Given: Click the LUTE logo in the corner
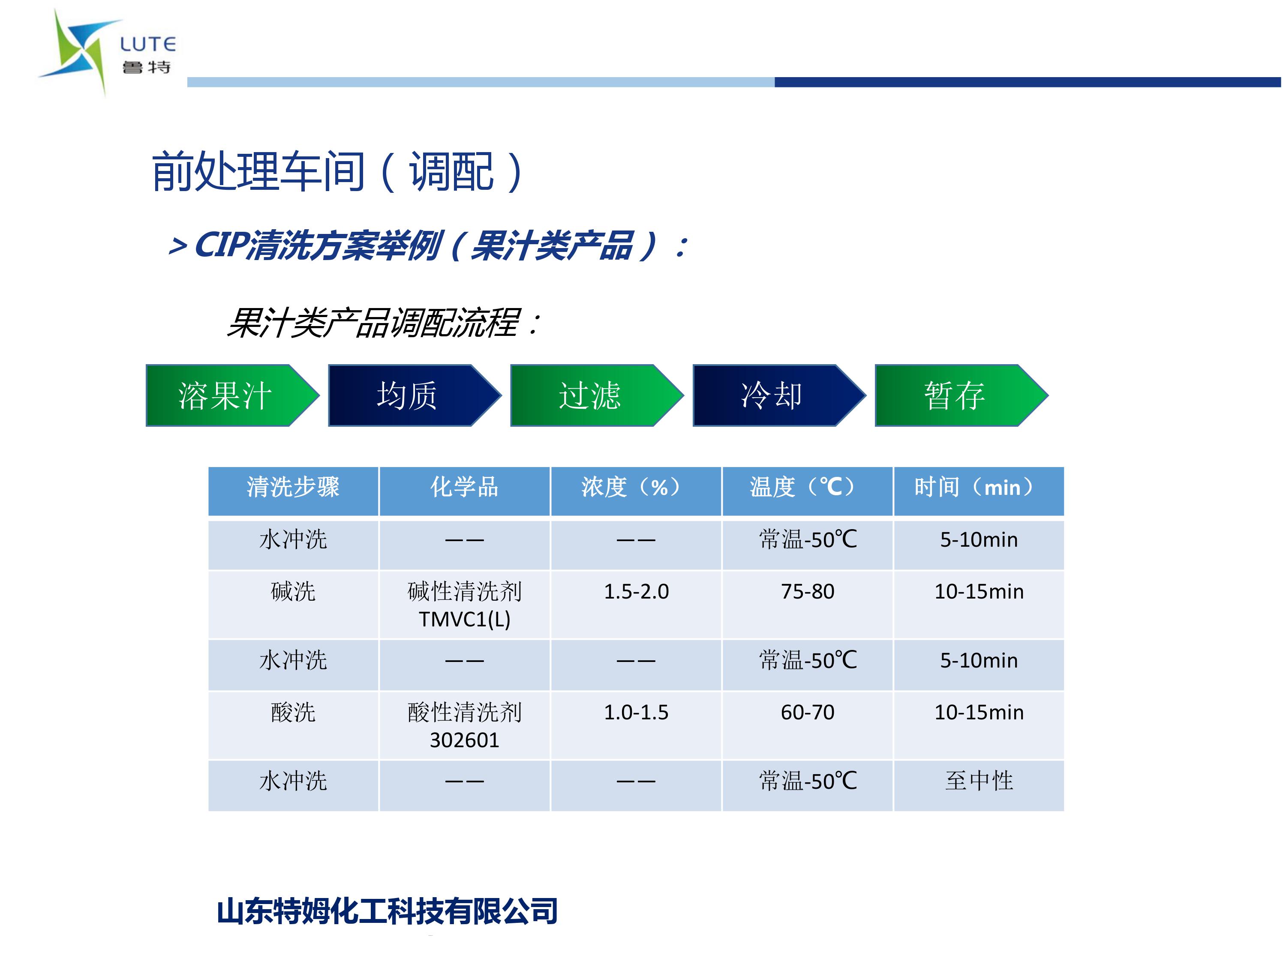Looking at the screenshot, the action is click(107, 52).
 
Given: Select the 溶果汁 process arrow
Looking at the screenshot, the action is click(232, 395).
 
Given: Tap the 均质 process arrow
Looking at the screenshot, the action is click(415, 395).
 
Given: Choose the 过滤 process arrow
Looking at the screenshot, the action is click(597, 395).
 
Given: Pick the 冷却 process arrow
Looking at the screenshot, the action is click(779, 395).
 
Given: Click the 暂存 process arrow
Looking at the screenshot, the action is click(961, 395).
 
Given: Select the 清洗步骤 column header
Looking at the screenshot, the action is click(293, 487).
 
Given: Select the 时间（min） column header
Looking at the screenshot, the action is click(979, 487).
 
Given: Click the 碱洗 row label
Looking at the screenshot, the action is click(293, 592).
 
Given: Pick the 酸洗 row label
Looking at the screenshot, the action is click(293, 713).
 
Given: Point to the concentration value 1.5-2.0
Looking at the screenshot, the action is click(636, 592).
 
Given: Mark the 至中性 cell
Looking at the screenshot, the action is click(979, 781).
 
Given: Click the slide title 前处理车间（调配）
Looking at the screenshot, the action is click(337, 171).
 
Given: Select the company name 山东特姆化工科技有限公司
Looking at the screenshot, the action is click(387, 911).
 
